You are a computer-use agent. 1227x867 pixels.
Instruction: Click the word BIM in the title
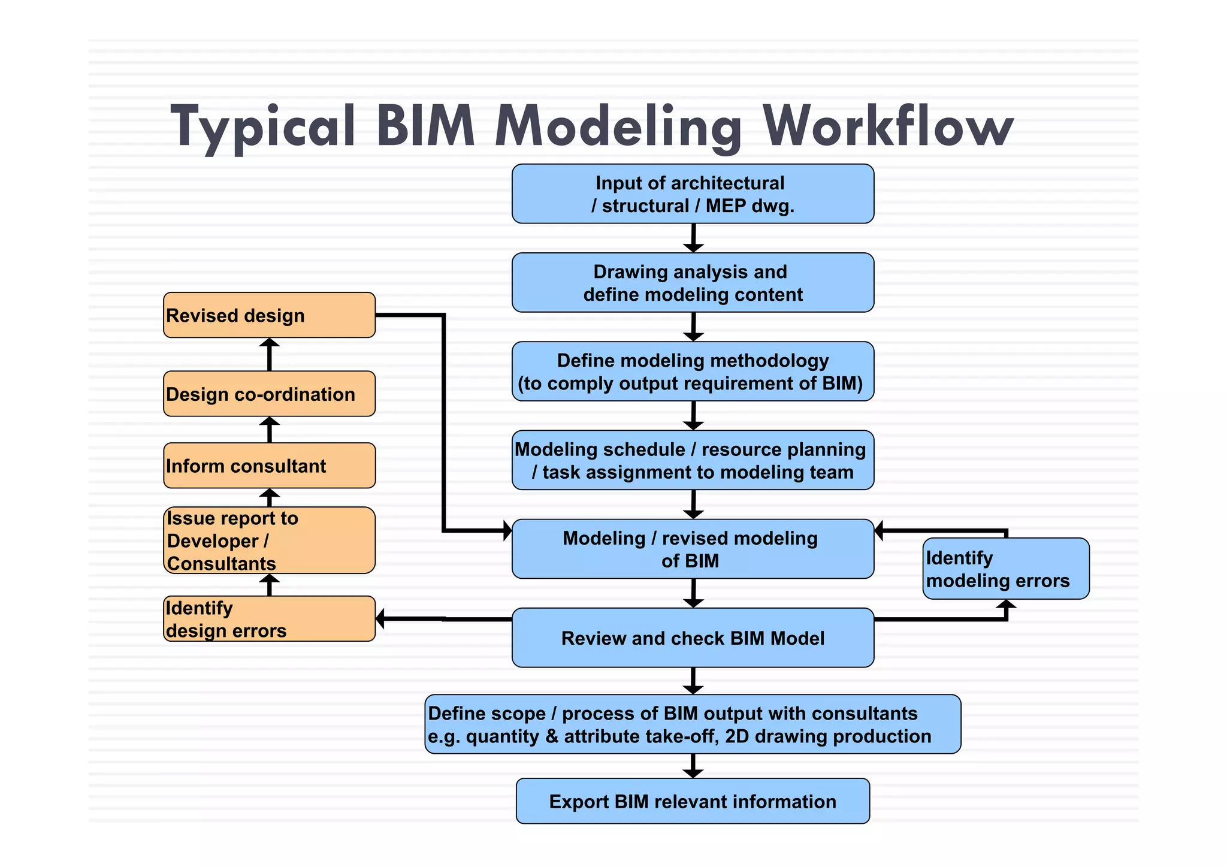[x=426, y=127]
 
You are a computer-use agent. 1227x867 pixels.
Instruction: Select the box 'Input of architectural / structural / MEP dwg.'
[x=693, y=194]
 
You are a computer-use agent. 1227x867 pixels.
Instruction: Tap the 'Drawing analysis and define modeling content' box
[x=693, y=283]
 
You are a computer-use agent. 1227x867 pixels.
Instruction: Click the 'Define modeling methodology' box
[x=693, y=371]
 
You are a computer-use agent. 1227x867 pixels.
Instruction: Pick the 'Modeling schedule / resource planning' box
[x=693, y=460]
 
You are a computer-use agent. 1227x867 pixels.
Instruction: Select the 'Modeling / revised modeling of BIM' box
[x=693, y=549]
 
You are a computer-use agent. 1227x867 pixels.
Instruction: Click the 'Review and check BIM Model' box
[x=693, y=638]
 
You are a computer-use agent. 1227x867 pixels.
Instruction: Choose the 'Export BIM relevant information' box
[x=693, y=801]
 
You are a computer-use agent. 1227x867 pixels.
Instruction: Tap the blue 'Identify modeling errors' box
[x=1005, y=569]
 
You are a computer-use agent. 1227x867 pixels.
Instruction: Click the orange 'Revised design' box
[x=269, y=315]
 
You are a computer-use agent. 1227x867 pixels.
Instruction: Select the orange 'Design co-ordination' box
[x=269, y=394]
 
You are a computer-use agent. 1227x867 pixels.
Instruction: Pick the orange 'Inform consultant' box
[x=269, y=466]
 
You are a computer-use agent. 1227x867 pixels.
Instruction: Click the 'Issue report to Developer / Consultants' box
[x=269, y=540]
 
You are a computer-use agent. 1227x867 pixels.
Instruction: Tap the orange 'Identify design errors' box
[x=269, y=619]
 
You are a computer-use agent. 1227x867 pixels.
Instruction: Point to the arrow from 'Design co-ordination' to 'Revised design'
[x=269, y=354]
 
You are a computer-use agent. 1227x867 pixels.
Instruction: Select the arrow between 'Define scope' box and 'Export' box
[x=693, y=766]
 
